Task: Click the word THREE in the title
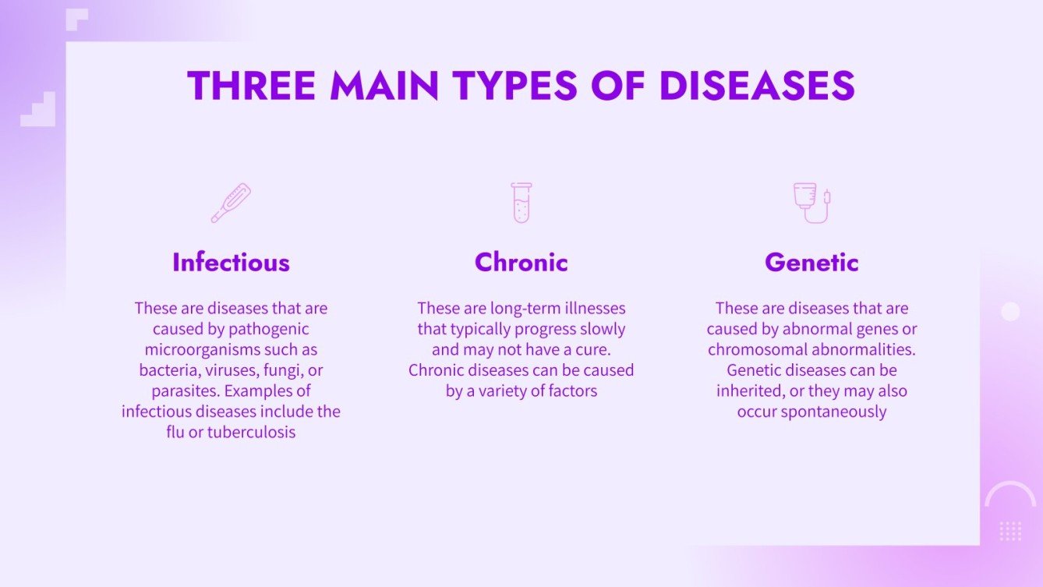tap(251, 86)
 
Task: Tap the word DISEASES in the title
tap(757, 86)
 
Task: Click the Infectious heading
tap(231, 262)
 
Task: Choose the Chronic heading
tap(521, 262)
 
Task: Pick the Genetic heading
tap(811, 262)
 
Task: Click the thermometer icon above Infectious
tap(231, 203)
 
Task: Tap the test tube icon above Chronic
tap(521, 203)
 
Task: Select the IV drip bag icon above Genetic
tap(811, 203)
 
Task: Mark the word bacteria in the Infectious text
tap(167, 370)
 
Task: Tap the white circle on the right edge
tap(1010, 312)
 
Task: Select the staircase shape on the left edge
tap(39, 111)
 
